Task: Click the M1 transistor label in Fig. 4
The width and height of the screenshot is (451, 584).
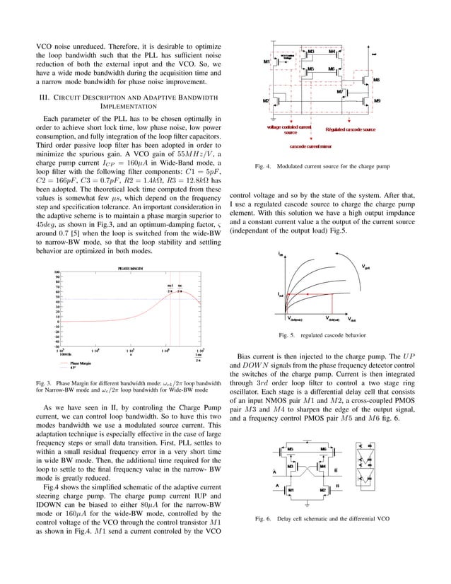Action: coord(266,62)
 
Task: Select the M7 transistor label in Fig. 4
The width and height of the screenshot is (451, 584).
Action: coord(340,91)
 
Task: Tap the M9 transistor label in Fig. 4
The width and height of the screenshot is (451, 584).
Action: coord(377,101)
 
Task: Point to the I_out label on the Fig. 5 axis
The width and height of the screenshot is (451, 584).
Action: coord(281,295)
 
